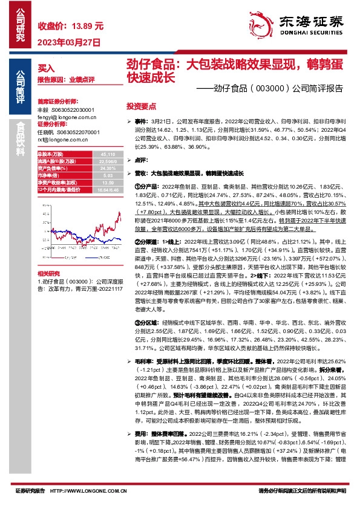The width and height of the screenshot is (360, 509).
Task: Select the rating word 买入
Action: pyautogui.click(x=46, y=68)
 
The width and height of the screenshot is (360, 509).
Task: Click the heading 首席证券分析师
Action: pyautogui.click(x=55, y=102)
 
